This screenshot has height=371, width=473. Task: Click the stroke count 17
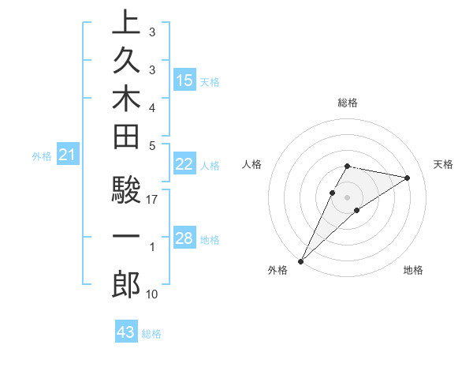click(153, 200)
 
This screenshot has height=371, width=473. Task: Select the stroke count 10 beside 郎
click(153, 294)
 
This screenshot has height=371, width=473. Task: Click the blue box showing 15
click(184, 81)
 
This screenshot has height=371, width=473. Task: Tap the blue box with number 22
click(184, 164)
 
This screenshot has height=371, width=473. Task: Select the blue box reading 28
click(184, 239)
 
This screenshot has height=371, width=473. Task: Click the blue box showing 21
click(68, 156)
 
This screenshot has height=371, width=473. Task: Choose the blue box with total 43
click(126, 332)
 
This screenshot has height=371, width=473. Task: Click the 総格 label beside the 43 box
click(152, 334)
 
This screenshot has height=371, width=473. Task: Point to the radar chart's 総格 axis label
click(347, 103)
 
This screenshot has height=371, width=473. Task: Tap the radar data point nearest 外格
click(300, 260)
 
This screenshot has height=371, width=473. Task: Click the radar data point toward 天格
click(408, 178)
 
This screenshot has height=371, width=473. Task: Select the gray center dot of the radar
click(347, 197)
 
